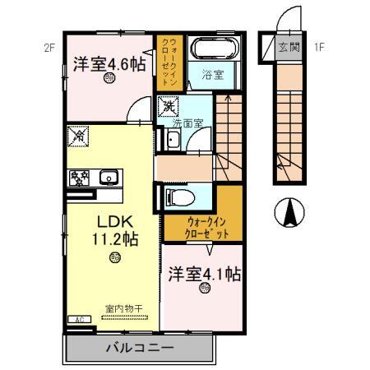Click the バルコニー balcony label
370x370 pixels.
(x=139, y=348)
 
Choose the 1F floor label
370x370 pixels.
(x=320, y=48)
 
